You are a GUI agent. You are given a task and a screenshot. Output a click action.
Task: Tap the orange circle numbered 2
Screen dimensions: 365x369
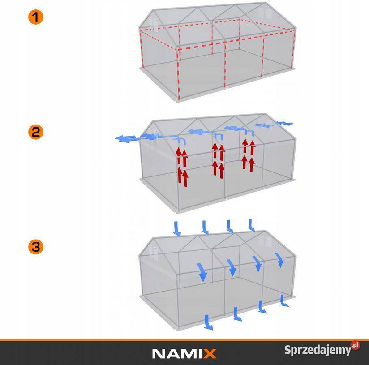point(35,132)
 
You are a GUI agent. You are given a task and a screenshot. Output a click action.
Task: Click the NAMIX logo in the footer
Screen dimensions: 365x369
point(184,353)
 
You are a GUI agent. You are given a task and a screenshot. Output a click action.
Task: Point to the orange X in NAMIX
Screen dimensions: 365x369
point(210,353)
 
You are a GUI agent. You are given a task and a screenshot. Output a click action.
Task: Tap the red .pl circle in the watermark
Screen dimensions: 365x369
point(355,346)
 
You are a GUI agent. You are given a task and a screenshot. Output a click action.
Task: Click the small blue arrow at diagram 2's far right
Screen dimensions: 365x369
point(286,123)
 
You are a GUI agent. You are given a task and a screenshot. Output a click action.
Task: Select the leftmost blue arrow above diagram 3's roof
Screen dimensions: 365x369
point(177,228)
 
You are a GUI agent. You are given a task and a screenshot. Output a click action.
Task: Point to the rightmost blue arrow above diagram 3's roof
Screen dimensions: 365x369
point(253,225)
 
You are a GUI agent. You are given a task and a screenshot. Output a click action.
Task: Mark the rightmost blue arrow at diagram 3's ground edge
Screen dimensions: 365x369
point(283,301)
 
